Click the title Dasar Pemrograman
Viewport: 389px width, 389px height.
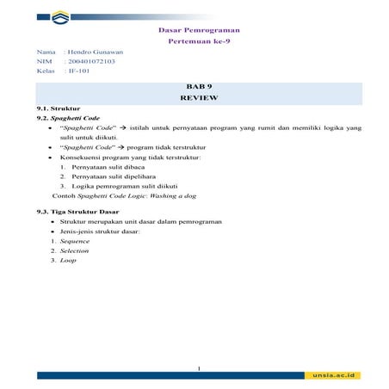pos(199,30)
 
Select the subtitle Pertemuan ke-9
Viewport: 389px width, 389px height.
pos(199,41)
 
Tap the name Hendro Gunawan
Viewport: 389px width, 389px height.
pos(96,52)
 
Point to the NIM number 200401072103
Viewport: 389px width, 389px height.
pos(91,61)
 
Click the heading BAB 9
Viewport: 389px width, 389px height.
pos(199,88)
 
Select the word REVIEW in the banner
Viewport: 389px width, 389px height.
pos(199,99)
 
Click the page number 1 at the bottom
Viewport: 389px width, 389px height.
pos(198,368)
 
